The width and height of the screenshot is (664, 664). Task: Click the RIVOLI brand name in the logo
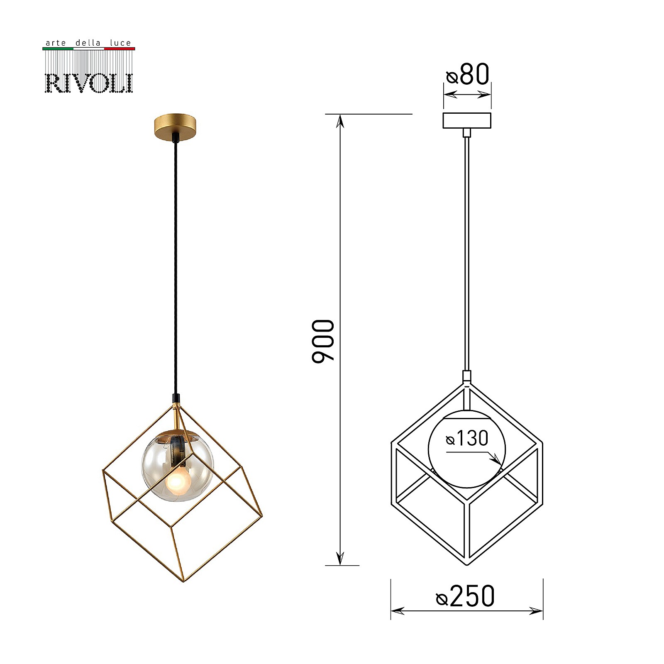(88, 83)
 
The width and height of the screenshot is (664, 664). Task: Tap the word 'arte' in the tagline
(56, 43)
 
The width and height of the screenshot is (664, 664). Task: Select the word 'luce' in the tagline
(120, 43)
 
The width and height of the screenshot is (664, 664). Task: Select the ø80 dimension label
(468, 75)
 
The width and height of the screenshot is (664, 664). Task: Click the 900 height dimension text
(323, 341)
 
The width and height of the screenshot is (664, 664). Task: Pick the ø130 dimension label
(467, 438)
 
